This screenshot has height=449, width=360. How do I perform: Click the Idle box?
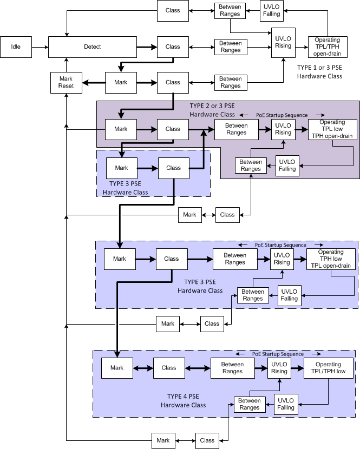pyautogui.click(x=16, y=47)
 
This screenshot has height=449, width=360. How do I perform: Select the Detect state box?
pyautogui.click(x=91, y=47)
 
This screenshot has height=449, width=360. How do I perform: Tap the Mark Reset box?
pyautogui.click(x=66, y=82)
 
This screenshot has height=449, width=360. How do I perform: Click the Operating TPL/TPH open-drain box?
pyautogui.click(x=327, y=47)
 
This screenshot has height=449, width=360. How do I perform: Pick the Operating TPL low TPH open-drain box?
pyautogui.click(x=331, y=129)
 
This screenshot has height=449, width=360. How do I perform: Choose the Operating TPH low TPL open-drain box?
pyautogui.click(x=331, y=259)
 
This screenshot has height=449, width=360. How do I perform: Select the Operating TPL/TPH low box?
pyautogui.click(x=328, y=368)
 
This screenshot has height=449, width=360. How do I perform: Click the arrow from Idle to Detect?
pyautogui.click(x=40, y=47)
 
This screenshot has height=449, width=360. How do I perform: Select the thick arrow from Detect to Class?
pyautogui.click(x=146, y=47)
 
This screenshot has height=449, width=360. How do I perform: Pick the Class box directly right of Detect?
pyautogui.click(x=173, y=47)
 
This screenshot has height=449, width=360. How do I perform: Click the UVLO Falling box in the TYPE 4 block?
pyautogui.click(x=287, y=404)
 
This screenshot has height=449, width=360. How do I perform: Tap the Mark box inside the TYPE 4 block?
pyautogui.click(x=117, y=368)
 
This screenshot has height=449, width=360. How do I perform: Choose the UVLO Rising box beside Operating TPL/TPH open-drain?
pyautogui.click(x=283, y=42)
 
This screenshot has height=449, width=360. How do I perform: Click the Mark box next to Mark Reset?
pyautogui.click(x=121, y=82)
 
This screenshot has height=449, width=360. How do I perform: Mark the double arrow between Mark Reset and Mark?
pyautogui.click(x=93, y=82)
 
